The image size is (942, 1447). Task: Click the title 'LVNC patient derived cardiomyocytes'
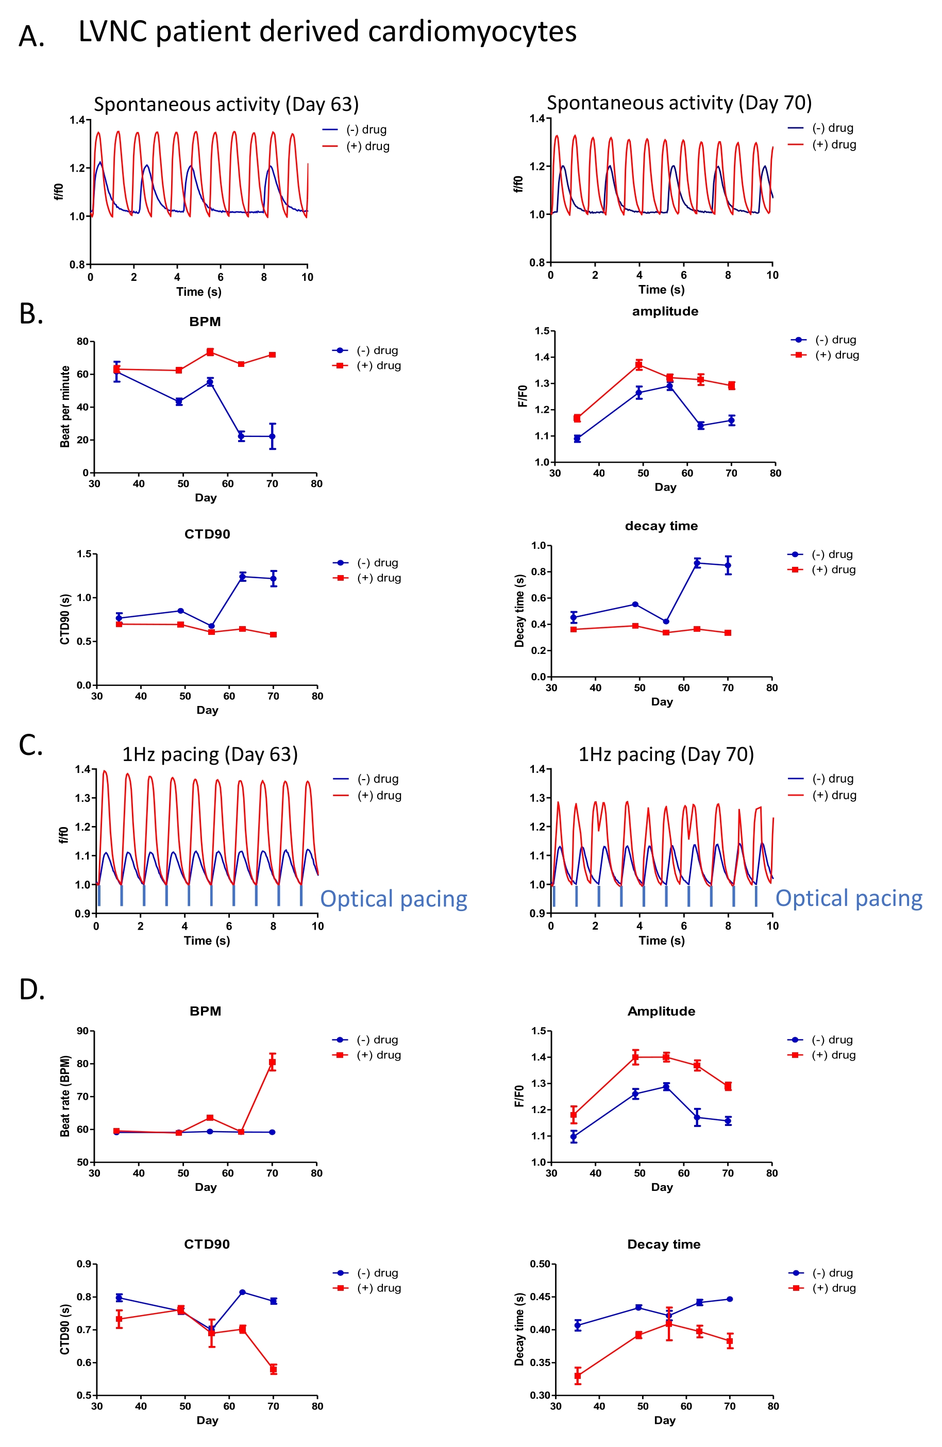[x=327, y=31]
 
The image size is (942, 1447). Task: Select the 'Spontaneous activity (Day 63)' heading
[x=226, y=105]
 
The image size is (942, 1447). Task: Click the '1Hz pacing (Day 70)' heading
[x=666, y=754]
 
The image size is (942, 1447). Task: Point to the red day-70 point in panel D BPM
[x=273, y=1062]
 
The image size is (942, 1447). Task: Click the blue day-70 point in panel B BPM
[x=273, y=436]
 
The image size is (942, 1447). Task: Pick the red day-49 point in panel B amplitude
[x=639, y=365]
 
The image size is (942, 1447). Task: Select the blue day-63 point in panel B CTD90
[x=243, y=576]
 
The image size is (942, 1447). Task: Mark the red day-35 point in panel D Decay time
[x=578, y=1376]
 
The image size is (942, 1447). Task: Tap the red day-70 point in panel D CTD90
[x=274, y=1369]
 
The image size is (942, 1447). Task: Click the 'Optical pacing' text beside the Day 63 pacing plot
[x=394, y=899]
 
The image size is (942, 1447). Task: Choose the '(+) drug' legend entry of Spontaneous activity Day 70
[x=834, y=145]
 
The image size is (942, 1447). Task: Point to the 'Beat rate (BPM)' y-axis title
[x=65, y=1096]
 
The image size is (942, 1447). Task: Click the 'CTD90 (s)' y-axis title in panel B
[x=65, y=619]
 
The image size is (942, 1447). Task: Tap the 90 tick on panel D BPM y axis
[x=82, y=1031]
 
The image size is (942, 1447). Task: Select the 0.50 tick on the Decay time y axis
[x=540, y=1264]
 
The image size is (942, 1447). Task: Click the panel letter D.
[x=31, y=990]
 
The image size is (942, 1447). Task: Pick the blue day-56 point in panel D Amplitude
[x=666, y=1086]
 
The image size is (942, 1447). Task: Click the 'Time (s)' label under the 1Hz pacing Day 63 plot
[x=207, y=940]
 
